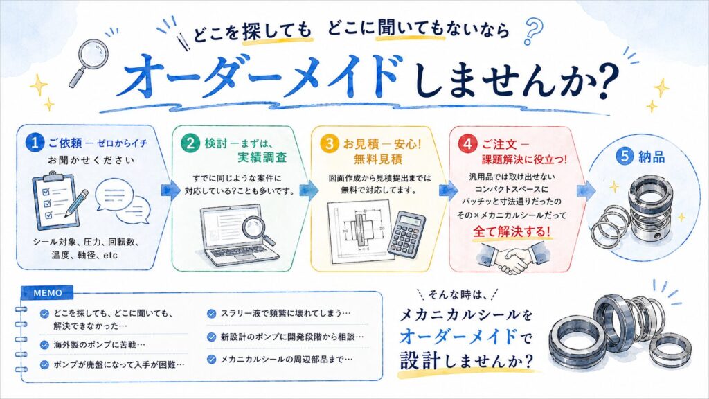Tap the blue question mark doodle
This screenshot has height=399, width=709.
[x=533, y=30]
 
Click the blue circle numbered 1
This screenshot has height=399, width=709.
[x=35, y=143]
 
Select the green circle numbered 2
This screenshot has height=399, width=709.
[x=190, y=143]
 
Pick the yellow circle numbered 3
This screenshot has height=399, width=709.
[x=329, y=144]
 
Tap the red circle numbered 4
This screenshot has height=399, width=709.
[x=467, y=144]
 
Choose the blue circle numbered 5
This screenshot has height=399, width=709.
[x=625, y=156]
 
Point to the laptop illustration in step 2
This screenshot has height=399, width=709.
[x=235, y=236]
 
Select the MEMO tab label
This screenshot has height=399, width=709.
[x=48, y=293]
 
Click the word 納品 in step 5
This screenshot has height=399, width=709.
[x=652, y=157]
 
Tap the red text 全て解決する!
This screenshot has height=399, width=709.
[x=512, y=231]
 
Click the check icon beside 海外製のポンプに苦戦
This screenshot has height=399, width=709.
[x=44, y=345]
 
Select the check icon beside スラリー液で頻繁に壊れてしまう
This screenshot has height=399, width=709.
[x=211, y=314]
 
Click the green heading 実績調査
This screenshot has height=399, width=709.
[x=262, y=157]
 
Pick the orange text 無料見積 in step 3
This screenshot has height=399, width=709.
[x=377, y=159]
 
